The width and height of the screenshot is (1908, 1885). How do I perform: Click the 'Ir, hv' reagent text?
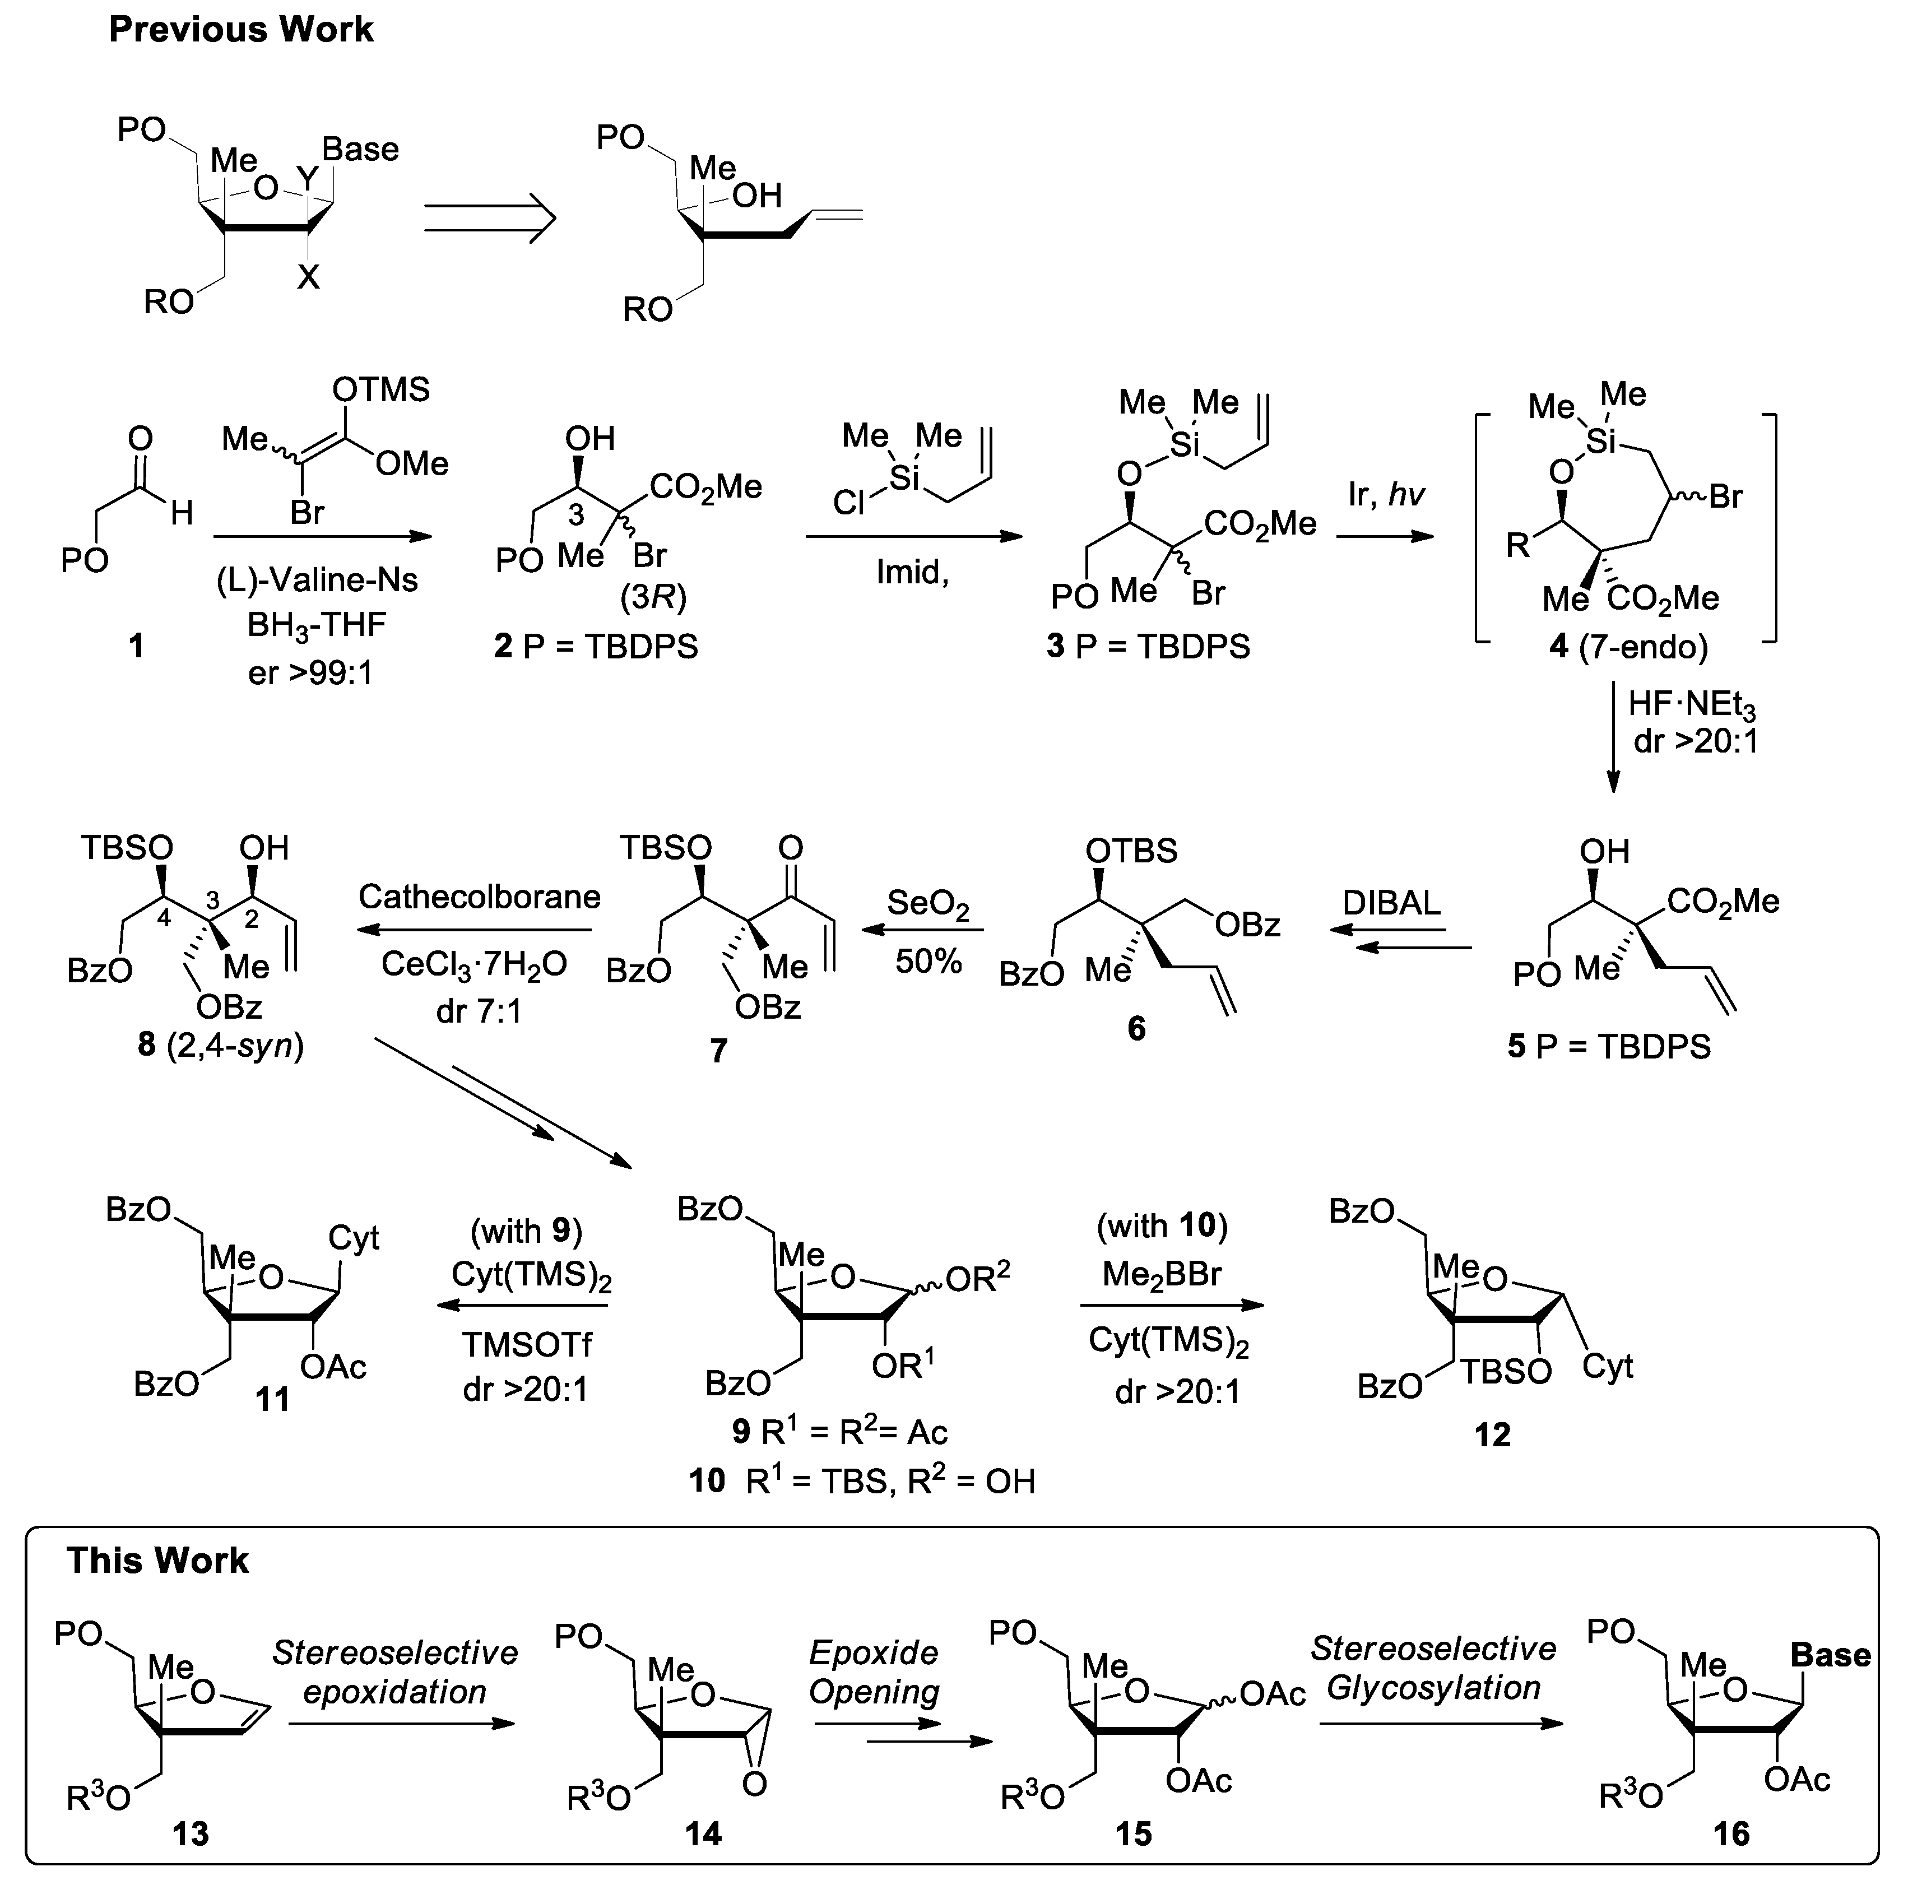pyautogui.click(x=1386, y=494)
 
